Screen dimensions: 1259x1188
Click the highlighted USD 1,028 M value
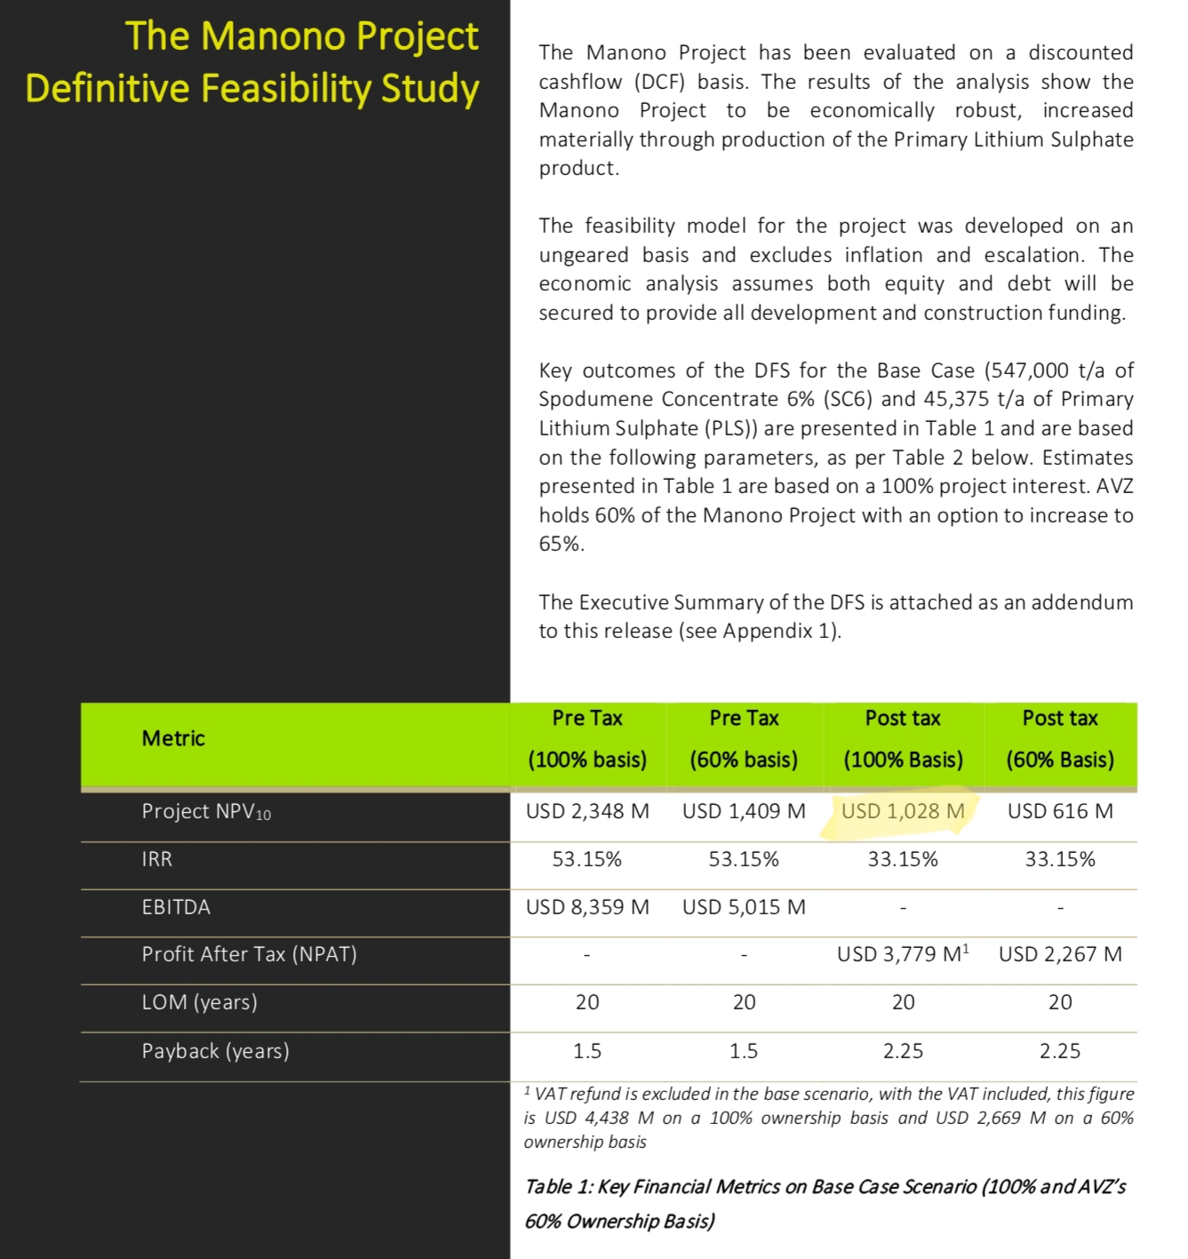tap(902, 811)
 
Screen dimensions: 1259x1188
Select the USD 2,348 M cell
tap(587, 811)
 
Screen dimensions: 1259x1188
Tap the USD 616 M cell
tap(1060, 811)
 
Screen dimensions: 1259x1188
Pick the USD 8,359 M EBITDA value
tap(587, 907)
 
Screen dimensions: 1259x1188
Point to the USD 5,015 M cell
tap(744, 907)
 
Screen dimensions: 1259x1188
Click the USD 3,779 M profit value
tap(902, 954)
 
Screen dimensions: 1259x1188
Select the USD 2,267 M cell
tap(1060, 954)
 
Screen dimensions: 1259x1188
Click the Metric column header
tap(173, 738)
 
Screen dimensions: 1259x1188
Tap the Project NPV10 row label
tap(206, 811)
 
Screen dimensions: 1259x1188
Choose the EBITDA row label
tap(176, 907)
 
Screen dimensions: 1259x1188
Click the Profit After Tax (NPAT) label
tap(249, 954)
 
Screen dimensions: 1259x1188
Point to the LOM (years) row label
tap(199, 1002)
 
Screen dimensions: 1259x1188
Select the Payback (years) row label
tap(215, 1051)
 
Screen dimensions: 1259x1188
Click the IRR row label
tap(157, 859)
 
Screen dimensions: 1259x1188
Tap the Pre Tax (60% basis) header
tap(744, 739)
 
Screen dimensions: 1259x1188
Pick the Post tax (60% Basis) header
tap(1060, 739)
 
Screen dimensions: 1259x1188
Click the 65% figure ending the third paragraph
tap(560, 544)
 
